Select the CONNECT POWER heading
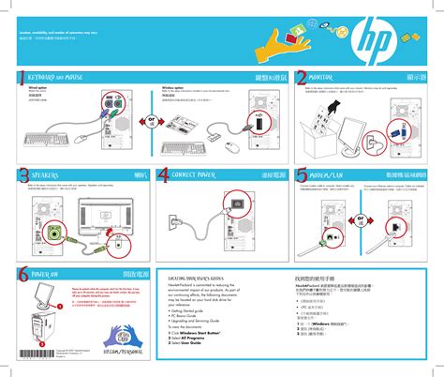click(197, 174)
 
